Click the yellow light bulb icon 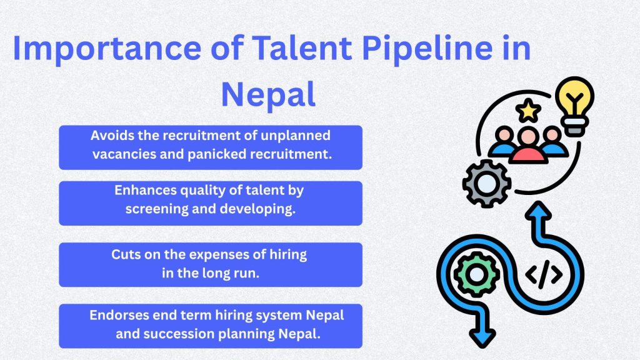575,104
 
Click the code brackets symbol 543,274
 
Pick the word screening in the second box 156,209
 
